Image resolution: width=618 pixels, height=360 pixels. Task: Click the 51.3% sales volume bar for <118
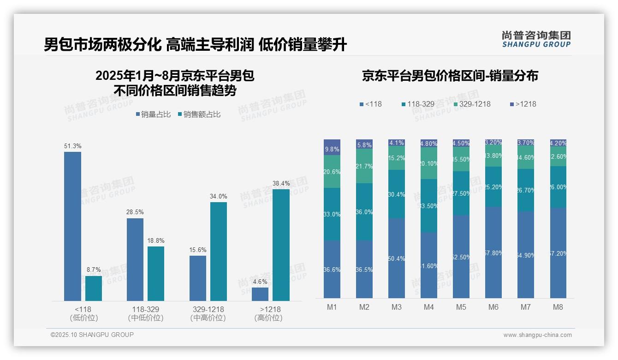[72, 226]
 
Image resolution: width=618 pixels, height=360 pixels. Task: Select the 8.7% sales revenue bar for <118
[94, 288]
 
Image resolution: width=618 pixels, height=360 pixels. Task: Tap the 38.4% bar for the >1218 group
[281, 245]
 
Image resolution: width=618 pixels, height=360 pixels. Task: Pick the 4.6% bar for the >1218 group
[260, 294]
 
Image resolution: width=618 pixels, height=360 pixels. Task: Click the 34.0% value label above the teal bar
[218, 196]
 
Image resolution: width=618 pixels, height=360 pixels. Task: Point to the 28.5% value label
[135, 212]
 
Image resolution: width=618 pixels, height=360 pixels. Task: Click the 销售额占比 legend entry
[199, 114]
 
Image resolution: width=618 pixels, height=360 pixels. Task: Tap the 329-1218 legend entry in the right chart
[471, 104]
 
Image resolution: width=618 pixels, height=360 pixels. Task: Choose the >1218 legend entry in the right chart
[523, 104]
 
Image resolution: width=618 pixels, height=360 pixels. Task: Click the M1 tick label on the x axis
[332, 307]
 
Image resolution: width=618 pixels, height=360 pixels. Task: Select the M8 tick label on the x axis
[558, 307]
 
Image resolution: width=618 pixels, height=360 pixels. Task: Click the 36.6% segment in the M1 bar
[332, 269]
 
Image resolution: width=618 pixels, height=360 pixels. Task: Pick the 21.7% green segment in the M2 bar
[364, 166]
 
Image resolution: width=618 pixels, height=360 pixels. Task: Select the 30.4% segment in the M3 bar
[396, 194]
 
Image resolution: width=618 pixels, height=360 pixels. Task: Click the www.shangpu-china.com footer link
[537, 335]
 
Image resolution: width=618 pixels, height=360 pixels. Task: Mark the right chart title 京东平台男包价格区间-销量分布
[450, 76]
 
